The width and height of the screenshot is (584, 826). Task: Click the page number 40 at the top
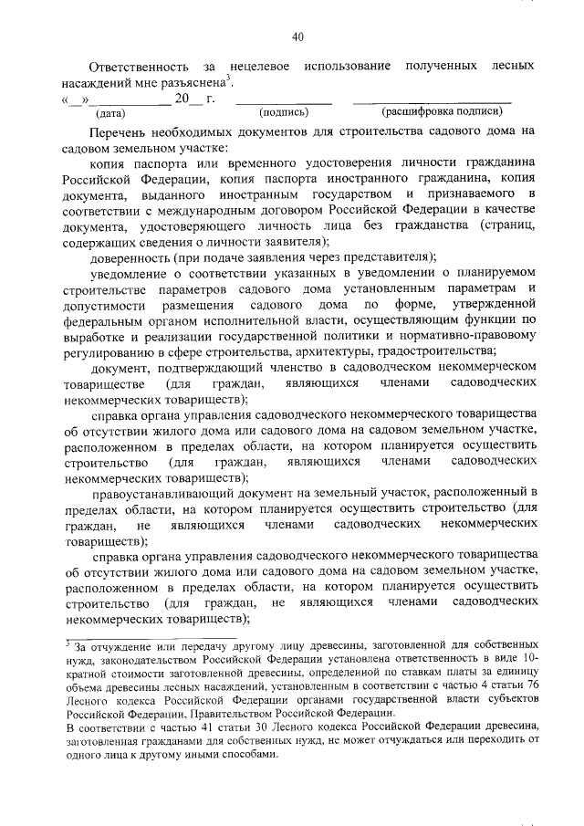click(297, 37)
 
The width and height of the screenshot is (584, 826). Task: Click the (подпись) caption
click(284, 112)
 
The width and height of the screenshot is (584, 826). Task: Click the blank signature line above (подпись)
click(284, 99)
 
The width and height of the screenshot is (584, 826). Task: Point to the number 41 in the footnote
click(190, 727)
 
